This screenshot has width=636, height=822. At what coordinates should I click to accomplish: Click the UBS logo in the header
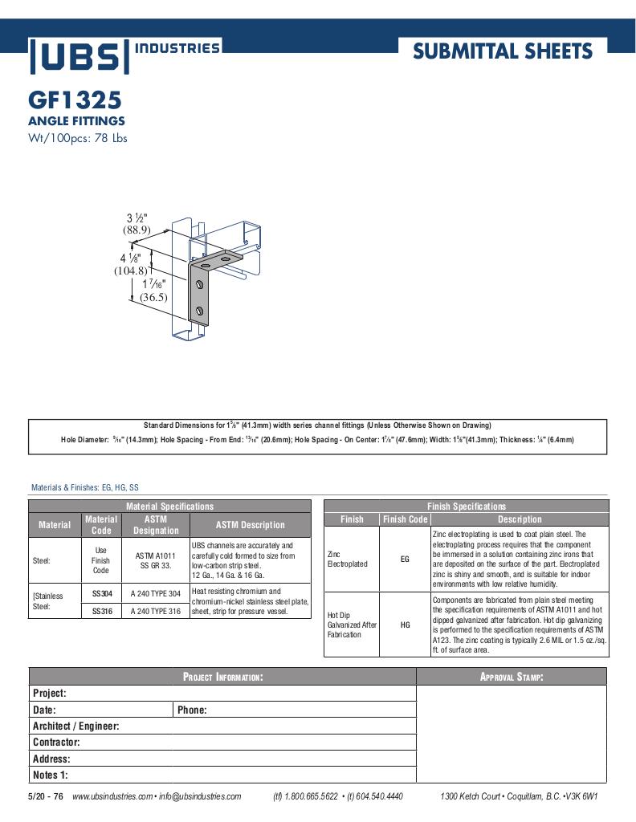click(x=79, y=56)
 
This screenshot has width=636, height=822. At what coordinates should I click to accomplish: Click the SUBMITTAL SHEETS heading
click(x=502, y=52)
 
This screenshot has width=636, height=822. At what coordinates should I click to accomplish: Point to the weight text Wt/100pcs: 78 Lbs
click(x=78, y=137)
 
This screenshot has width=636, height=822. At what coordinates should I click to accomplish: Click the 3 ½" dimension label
click(x=137, y=218)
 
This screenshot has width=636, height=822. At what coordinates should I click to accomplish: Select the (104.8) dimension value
click(x=130, y=271)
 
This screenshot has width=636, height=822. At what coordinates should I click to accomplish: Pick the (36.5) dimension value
click(x=153, y=297)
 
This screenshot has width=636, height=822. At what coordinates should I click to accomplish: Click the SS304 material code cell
click(x=101, y=595)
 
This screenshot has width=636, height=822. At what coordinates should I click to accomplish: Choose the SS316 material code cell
click(x=101, y=611)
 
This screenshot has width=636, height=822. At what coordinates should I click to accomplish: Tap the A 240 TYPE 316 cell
click(x=156, y=611)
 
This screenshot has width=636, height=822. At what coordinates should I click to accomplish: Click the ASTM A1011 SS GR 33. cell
click(x=156, y=561)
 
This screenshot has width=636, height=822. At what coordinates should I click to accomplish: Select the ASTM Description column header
click(x=250, y=525)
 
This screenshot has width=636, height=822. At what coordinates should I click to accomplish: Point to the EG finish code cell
click(x=405, y=559)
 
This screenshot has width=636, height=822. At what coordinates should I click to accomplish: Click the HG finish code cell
click(x=405, y=625)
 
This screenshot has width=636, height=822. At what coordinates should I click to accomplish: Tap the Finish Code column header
click(x=405, y=519)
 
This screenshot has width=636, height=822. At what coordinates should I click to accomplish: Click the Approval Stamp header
click(x=512, y=677)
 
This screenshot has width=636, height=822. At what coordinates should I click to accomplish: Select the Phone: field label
click(x=193, y=710)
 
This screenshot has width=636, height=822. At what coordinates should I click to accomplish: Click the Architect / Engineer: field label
click(x=76, y=726)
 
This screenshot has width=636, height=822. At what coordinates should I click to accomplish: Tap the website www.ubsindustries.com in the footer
click(x=112, y=796)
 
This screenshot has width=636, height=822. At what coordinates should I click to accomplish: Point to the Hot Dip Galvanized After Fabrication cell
click(x=352, y=625)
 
